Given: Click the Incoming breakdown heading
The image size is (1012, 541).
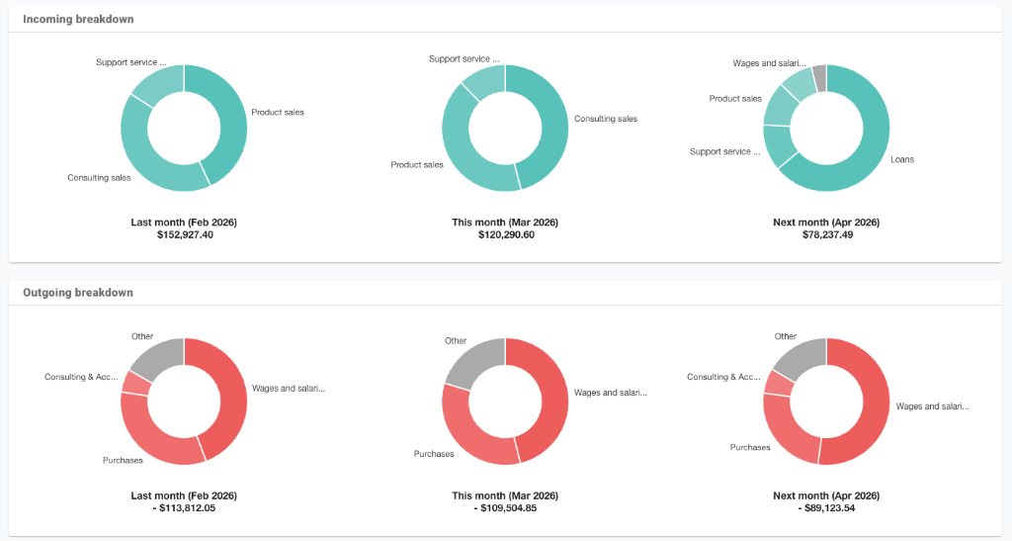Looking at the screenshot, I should tap(78, 19).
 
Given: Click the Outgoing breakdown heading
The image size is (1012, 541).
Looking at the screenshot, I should tap(78, 293).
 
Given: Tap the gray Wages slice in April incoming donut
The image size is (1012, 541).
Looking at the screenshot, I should tap(819, 77).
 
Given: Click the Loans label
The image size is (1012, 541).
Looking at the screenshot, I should tap(901, 159).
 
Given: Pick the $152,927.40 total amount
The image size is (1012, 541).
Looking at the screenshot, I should tap(184, 235).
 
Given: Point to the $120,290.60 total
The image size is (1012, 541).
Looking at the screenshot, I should tap(505, 235).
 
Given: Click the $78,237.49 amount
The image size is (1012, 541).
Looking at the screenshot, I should tap(826, 235).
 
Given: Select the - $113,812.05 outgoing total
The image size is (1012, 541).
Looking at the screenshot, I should tap(184, 508).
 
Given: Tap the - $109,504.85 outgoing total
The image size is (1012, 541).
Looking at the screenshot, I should tap(505, 508).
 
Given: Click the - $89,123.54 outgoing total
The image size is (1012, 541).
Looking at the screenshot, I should tap(826, 508).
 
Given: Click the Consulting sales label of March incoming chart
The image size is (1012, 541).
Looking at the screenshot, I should tap(606, 119).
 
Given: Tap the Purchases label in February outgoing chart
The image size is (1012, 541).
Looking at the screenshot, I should tap(123, 460).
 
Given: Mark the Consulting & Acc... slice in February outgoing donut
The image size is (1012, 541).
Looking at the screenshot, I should tap(135, 383).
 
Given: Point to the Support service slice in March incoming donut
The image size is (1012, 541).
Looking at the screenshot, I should tap(484, 80).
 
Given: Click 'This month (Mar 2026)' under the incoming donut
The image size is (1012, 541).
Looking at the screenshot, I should tap(505, 223).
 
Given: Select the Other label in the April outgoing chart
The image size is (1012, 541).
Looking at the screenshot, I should tap(786, 336).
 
